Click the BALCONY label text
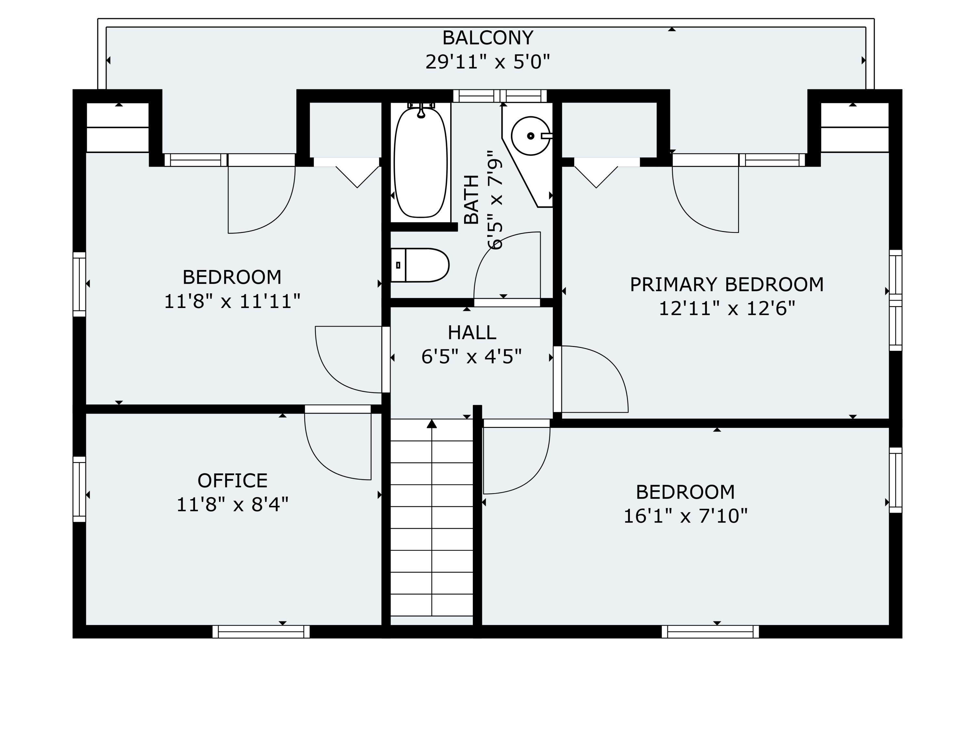pyautogui.click(x=487, y=38)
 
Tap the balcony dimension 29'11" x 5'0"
pyautogui.click(x=487, y=62)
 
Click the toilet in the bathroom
pyautogui.click(x=420, y=265)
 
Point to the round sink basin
pyautogui.click(x=530, y=136)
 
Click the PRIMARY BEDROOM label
pyautogui.click(x=726, y=285)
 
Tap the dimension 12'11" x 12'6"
pyautogui.click(x=726, y=308)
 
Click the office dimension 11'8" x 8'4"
pyautogui.click(x=232, y=505)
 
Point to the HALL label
pyautogui.click(x=472, y=333)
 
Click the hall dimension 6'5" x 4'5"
pyautogui.click(x=472, y=356)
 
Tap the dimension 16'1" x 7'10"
pyautogui.click(x=685, y=516)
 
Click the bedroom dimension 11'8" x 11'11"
pyautogui.click(x=232, y=302)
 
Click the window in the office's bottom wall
pyautogui.click(x=261, y=631)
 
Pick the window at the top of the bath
pyautogui.click(x=500, y=96)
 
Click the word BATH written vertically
pyautogui.click(x=471, y=199)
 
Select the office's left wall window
pyautogui.click(x=79, y=489)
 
